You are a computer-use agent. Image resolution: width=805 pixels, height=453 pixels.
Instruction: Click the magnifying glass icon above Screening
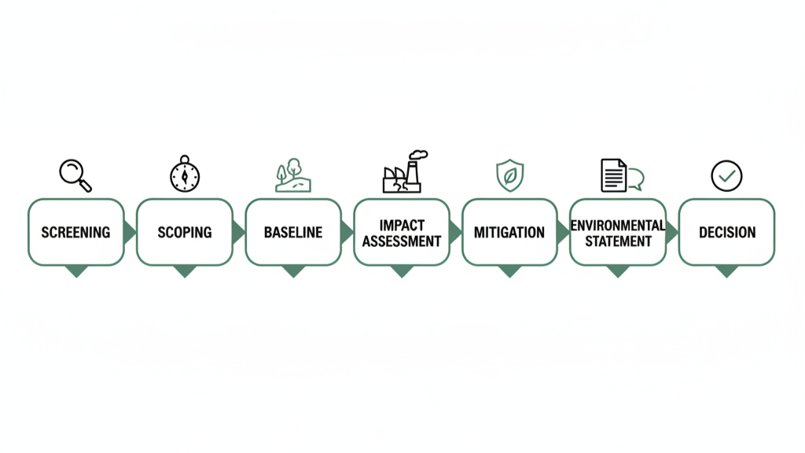coord(75,175)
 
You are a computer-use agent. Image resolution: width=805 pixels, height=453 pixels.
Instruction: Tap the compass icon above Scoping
coord(185,175)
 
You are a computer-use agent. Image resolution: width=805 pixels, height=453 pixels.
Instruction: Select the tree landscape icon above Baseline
coord(292,176)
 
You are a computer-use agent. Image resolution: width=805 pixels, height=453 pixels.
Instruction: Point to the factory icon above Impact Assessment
coord(402,172)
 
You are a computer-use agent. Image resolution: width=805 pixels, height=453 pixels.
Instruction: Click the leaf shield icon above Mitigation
coord(509,175)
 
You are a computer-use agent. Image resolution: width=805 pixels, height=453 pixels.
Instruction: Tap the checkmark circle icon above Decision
coord(726,176)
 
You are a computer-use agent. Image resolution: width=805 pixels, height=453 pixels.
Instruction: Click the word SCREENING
coord(75,233)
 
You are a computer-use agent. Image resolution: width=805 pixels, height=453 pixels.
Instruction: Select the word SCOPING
coord(185,233)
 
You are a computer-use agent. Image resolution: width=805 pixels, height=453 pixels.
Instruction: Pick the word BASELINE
coord(293,233)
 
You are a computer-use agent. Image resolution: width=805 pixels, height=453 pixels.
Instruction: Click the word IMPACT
coord(402,224)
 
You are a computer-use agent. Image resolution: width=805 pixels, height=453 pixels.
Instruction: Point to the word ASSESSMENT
coord(402,241)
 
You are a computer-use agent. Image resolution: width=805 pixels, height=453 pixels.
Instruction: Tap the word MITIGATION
coord(509,233)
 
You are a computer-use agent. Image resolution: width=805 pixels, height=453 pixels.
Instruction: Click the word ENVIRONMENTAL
coord(618,225)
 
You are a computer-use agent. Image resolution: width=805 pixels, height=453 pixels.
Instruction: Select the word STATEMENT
coord(618,241)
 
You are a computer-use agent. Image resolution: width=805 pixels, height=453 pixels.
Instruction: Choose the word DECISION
coord(727,233)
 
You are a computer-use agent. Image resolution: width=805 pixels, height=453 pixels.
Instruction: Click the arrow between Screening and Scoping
coord(130,232)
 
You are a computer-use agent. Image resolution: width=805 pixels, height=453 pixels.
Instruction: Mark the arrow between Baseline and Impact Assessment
coord(347,232)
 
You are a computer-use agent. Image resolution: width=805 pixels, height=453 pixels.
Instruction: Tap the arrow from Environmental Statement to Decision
coord(672,232)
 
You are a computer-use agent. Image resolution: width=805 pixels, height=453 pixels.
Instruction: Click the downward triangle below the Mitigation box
coord(509,271)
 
